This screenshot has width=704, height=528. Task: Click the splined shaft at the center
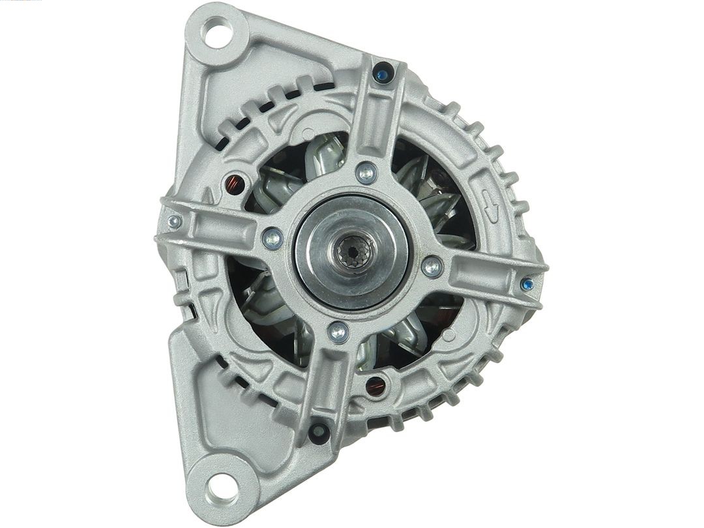354,249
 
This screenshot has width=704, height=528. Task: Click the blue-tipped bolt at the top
383,74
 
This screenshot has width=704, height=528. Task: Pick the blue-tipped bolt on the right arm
527,284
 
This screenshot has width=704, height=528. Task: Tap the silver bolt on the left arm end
174,222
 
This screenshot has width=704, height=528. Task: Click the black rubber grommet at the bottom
319,433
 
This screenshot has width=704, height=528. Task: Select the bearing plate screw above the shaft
366,173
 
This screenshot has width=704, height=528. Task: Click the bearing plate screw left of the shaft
272,239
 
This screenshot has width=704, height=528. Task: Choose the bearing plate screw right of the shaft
432,266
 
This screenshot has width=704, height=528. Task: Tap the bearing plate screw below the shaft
338,332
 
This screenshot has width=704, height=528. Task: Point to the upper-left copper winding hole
233,184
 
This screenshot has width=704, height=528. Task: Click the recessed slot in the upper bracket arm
377,124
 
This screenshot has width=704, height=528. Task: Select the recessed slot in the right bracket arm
482,274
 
